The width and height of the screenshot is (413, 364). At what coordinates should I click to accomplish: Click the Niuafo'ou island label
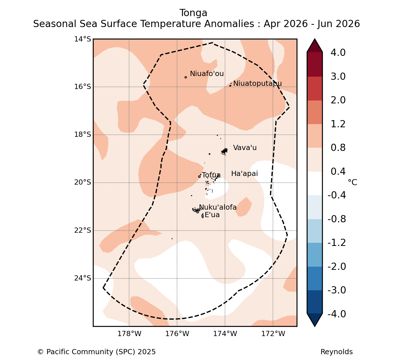tap(207, 73)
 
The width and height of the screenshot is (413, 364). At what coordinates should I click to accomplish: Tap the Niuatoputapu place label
tap(257, 84)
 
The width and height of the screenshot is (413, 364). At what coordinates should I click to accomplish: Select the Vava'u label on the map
tap(245, 148)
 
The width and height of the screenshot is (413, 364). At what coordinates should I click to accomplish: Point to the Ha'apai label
tap(244, 174)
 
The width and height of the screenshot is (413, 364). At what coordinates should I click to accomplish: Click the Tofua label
tap(211, 175)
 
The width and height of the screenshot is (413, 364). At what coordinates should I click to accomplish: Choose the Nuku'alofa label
tap(218, 207)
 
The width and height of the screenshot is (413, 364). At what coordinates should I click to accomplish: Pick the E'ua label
tap(212, 215)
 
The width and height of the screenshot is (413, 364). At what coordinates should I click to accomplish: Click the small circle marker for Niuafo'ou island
tap(186, 77)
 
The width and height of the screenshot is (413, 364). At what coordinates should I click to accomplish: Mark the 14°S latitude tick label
tap(82, 39)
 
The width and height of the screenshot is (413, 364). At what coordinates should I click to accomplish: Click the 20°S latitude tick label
tap(82, 182)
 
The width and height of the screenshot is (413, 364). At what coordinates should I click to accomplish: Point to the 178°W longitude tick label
tap(129, 334)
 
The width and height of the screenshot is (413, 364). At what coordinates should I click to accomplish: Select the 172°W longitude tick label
tap(273, 334)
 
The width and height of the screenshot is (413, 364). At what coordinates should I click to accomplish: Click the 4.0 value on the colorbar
tap(338, 52)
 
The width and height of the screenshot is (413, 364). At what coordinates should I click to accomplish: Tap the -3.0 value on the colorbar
tap(337, 290)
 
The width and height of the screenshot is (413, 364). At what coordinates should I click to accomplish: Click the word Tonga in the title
tap(193, 13)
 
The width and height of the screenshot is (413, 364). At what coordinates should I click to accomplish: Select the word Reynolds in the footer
tap(336, 352)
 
